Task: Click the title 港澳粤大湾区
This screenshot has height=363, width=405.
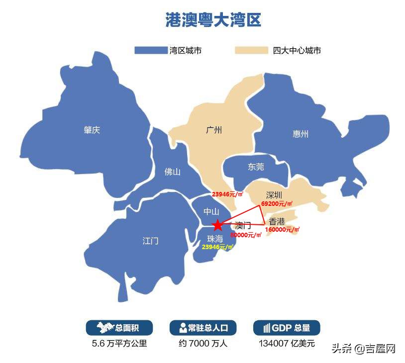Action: pos(213,20)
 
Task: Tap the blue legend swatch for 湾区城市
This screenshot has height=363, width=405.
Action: pos(151,50)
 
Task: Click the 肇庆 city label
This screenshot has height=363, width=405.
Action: pos(92,130)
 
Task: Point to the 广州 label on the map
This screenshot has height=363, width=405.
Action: pos(214,130)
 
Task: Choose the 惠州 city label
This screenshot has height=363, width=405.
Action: pos(301,134)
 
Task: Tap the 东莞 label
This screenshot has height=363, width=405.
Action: pos(256,167)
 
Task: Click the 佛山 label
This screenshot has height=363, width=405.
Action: pos(172,172)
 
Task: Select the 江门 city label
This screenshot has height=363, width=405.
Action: pos(150,241)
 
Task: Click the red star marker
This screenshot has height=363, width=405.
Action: pos(217,225)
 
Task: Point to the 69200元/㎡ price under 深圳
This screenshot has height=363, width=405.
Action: pos(277,204)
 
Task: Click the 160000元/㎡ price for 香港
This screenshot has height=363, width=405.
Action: pos(283,230)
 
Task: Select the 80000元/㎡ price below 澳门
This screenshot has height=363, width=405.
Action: pos(246,235)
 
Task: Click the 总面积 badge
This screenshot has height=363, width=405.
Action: pos(119,328)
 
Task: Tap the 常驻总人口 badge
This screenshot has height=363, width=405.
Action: pos(203,328)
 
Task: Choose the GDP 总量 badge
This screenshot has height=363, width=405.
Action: pos(287,328)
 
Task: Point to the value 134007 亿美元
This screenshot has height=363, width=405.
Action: pos(287,343)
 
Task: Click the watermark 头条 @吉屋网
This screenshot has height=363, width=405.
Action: pos(363,348)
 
